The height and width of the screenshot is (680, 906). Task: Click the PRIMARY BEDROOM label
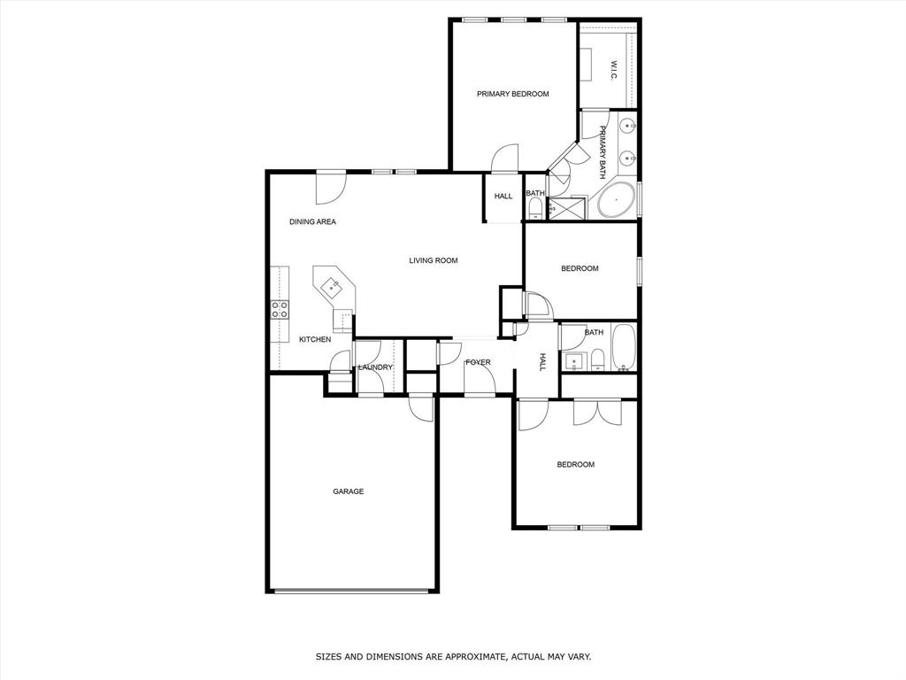512,94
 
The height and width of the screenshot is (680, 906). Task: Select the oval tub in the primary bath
616,201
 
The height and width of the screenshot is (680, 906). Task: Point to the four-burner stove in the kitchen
280,309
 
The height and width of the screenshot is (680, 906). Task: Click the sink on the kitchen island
334,285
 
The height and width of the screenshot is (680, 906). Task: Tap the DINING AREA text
312,221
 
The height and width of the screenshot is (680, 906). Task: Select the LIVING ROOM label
433,260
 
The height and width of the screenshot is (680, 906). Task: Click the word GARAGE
348,491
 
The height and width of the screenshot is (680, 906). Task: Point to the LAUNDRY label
375,367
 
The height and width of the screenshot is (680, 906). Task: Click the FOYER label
478,362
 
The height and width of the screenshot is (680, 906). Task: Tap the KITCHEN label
314,339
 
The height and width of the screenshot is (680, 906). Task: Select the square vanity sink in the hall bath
573,359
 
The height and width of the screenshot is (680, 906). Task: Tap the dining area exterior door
331,185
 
